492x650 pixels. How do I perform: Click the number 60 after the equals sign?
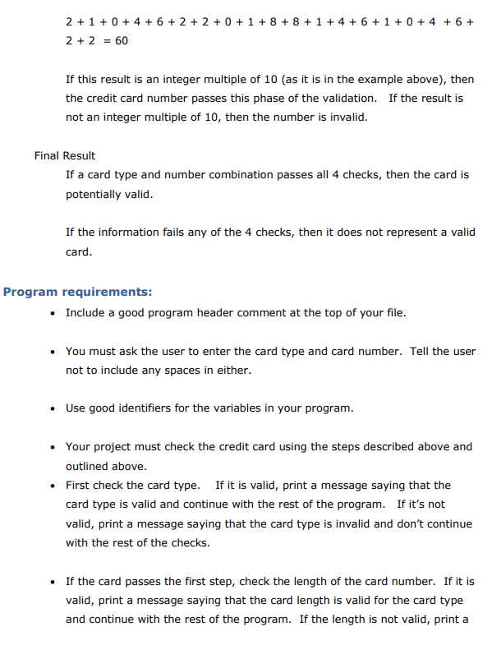[120, 40]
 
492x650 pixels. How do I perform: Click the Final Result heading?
[65, 155]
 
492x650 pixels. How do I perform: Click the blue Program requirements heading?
[77, 292]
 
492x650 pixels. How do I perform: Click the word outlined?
[90, 465]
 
